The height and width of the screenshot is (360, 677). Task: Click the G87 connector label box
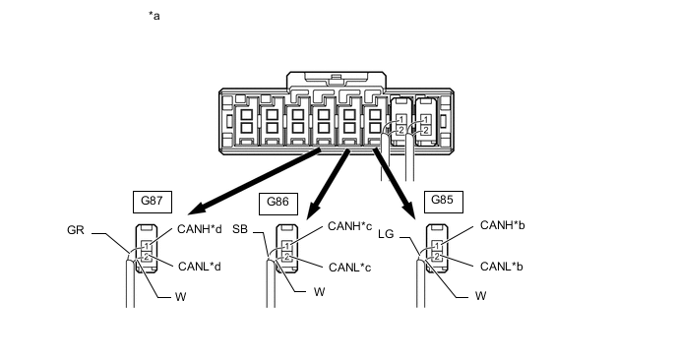click(153, 202)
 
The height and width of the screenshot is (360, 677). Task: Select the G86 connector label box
click(278, 204)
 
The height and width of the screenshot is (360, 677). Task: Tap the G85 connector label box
click(444, 202)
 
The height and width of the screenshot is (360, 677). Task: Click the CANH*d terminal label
click(200, 229)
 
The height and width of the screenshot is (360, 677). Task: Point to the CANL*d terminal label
click(200, 267)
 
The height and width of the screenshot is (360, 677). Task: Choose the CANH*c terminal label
click(349, 226)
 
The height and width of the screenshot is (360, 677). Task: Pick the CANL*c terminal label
click(349, 268)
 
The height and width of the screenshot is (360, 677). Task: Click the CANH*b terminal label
click(503, 225)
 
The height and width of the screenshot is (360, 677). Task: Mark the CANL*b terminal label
click(502, 267)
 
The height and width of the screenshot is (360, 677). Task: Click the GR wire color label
click(76, 230)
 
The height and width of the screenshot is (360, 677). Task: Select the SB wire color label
click(240, 229)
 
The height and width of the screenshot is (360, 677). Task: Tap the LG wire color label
click(386, 234)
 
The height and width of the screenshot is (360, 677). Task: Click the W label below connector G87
click(180, 297)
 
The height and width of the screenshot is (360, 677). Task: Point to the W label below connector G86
click(319, 292)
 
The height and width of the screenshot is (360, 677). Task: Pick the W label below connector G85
click(480, 296)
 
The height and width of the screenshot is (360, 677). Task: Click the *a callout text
click(154, 16)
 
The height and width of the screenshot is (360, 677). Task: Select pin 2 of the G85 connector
click(437, 258)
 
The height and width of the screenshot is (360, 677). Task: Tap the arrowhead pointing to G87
click(197, 209)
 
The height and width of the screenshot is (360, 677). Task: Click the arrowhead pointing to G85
click(409, 211)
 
